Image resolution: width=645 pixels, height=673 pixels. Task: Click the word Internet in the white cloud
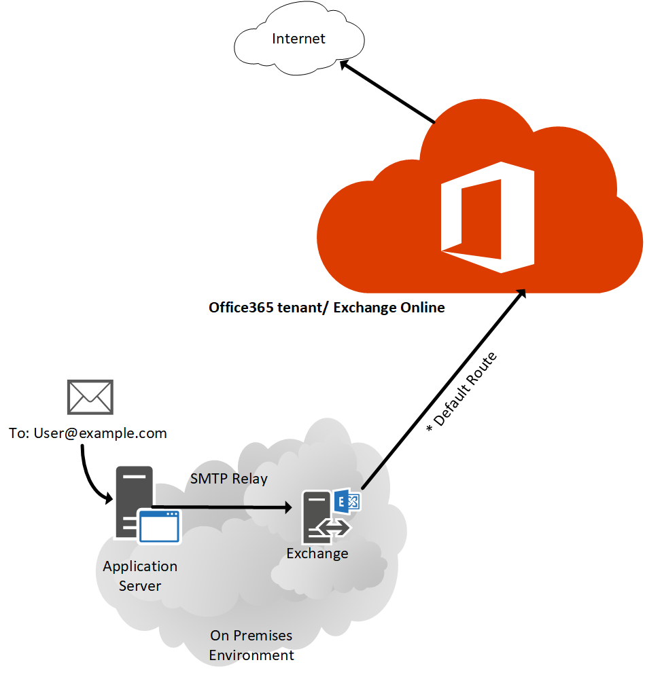tap(298, 39)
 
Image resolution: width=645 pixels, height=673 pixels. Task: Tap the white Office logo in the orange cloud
tap(487, 217)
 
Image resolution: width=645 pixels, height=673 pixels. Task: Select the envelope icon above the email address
tap(90, 397)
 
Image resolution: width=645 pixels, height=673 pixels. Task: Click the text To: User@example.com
tap(88, 433)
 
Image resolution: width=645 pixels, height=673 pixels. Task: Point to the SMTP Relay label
tap(228, 479)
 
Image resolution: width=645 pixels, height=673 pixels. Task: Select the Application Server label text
tap(140, 576)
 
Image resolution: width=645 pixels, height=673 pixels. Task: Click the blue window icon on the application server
tap(159, 527)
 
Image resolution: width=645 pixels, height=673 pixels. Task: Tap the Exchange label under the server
tap(317, 553)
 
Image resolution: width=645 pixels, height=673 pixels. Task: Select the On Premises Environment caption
tap(251, 645)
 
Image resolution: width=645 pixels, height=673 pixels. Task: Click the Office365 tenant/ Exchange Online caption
tap(326, 308)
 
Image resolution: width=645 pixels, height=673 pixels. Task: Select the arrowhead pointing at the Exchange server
tap(287, 507)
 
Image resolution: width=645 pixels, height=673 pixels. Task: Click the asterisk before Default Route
tap(430, 430)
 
